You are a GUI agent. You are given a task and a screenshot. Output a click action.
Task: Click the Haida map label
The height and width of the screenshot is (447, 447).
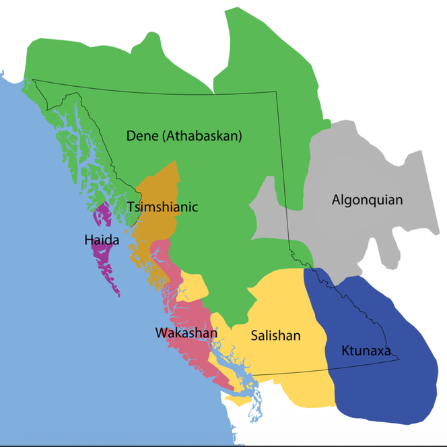tap(103, 239)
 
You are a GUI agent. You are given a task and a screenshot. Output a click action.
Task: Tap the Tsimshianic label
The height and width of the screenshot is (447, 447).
tap(162, 207)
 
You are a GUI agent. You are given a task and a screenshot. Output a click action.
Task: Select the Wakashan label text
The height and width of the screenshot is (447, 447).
tap(186, 333)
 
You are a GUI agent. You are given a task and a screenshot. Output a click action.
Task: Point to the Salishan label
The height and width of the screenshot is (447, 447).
tap(276, 335)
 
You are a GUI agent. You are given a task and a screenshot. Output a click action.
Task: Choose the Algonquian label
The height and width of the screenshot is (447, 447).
tap(367, 199)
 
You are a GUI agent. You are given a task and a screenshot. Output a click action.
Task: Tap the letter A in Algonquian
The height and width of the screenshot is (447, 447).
tap(337, 199)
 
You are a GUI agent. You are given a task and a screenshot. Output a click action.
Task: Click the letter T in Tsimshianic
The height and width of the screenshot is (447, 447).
tap(131, 207)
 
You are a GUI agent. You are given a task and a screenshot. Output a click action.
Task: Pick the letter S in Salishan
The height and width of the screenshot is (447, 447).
tap(255, 335)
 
